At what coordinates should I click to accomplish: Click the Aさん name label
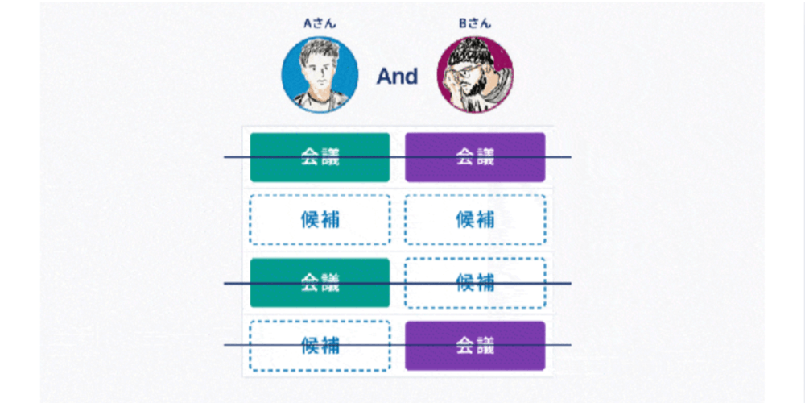pos(320,24)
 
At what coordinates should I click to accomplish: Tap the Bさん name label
pos(475,24)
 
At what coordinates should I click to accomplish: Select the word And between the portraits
pos(398,77)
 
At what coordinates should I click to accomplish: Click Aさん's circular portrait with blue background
pos(320,77)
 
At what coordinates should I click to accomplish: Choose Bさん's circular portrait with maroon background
pos(475,77)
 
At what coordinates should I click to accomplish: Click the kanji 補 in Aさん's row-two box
pos(330,219)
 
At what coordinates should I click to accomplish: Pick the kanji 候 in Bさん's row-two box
pos(465,219)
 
